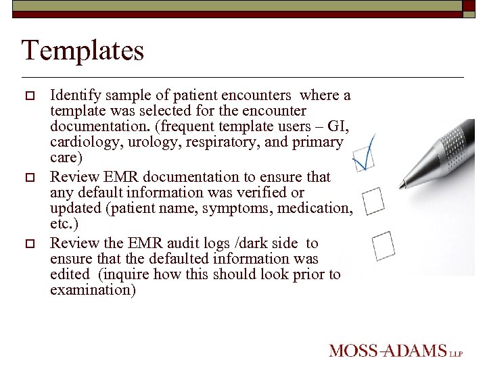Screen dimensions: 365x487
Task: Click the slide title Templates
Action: [83, 51]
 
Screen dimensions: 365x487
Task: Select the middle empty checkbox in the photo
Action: [373, 200]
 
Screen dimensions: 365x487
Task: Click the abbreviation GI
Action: [336, 126]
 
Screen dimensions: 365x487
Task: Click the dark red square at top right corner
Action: [469, 5]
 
